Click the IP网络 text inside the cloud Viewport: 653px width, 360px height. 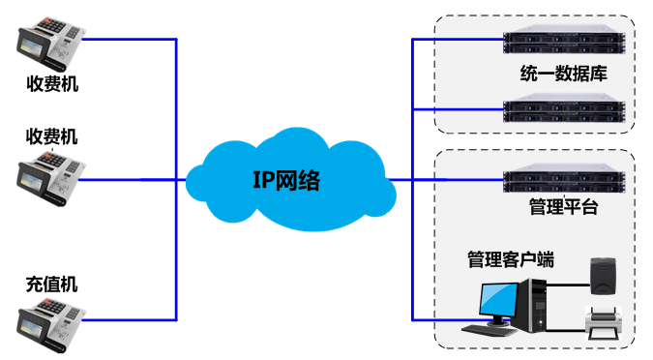pyautogui.click(x=286, y=179)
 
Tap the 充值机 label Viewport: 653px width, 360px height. pyautogui.click(x=52, y=285)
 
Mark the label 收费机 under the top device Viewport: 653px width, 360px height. pyautogui.click(x=52, y=84)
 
